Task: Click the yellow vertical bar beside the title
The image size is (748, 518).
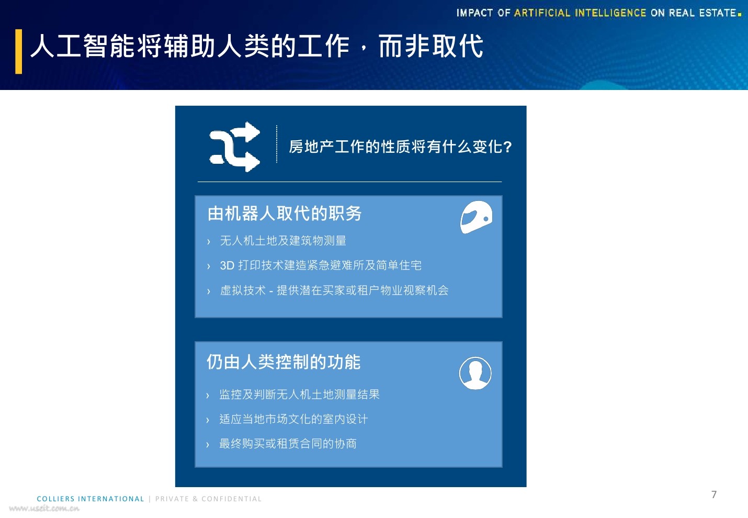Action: (x=19, y=51)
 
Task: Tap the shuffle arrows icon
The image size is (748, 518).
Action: (x=235, y=147)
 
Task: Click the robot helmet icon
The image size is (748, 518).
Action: (x=476, y=217)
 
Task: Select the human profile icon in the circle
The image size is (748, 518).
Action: (x=475, y=373)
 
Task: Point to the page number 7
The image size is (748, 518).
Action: (x=714, y=494)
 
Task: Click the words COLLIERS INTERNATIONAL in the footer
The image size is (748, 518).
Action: (x=90, y=499)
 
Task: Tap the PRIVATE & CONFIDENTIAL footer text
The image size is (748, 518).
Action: (x=208, y=499)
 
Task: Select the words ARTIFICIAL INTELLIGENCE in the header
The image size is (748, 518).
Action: (x=580, y=13)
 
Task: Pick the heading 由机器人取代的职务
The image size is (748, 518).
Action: (x=285, y=213)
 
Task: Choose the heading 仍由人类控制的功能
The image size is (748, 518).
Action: (x=284, y=362)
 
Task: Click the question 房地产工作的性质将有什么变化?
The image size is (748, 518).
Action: (x=400, y=147)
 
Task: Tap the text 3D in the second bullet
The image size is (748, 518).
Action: (x=226, y=266)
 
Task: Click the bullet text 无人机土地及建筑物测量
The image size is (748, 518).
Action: (x=283, y=241)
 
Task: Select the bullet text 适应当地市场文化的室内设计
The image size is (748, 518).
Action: (x=293, y=419)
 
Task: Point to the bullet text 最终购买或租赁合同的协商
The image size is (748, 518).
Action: (x=288, y=444)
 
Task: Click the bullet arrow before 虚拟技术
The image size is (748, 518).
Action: (x=208, y=291)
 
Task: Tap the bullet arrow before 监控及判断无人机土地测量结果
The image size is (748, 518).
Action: (x=208, y=396)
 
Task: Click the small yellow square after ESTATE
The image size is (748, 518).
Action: (x=740, y=14)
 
